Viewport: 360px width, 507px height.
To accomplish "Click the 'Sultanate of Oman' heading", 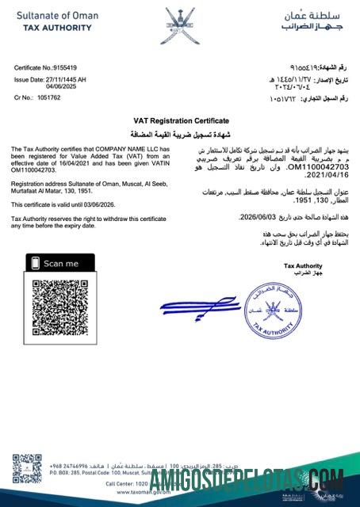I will point(54,16).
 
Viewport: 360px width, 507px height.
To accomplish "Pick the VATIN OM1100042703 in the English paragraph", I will point(33,170).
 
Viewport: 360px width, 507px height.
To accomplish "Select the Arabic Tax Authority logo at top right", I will point(311,20).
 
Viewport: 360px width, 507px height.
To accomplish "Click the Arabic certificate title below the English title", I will point(180,132).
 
